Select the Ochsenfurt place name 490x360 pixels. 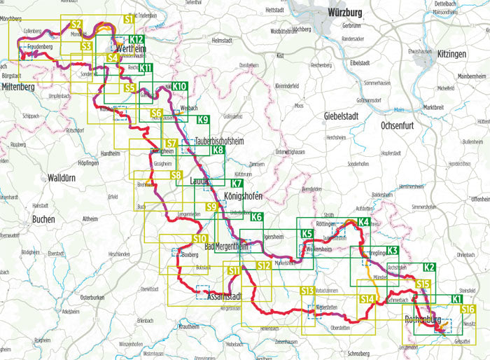(x=400, y=125)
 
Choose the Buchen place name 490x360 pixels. (x=43, y=219)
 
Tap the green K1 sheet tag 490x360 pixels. (x=456, y=299)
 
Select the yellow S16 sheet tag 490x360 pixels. (x=468, y=309)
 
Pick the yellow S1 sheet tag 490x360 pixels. (x=129, y=20)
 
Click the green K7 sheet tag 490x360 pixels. (x=237, y=184)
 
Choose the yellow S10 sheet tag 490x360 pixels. (x=199, y=240)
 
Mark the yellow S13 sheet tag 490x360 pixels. (x=307, y=291)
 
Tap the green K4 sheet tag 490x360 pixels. (x=363, y=223)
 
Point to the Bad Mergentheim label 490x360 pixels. (x=226, y=247)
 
